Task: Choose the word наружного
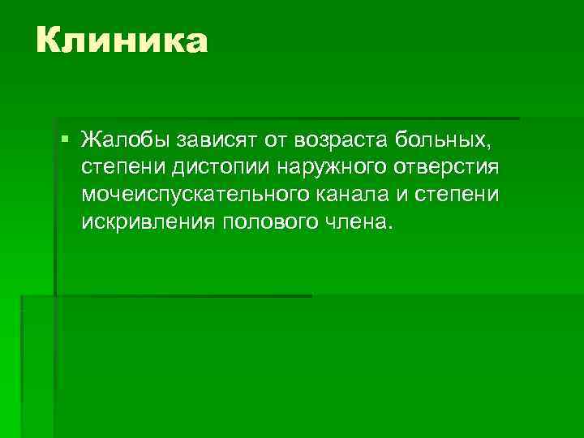(326, 168)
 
